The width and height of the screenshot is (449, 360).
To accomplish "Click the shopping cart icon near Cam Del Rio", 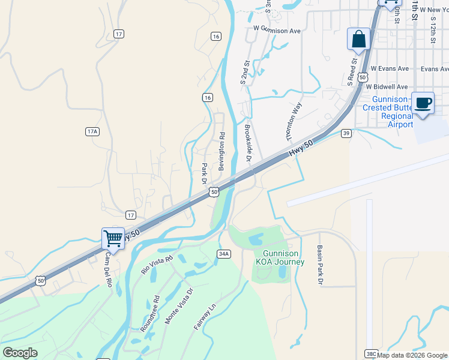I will (x=113, y=239).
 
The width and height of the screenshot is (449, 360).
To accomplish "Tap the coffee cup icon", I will (x=423, y=103).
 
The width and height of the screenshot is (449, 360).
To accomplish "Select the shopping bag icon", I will (x=358, y=40).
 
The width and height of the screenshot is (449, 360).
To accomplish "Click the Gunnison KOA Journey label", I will (x=280, y=258).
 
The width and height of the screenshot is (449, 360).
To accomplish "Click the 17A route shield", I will (x=92, y=131).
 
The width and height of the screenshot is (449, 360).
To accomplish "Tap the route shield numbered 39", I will (x=346, y=133).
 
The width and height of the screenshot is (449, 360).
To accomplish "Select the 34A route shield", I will (x=224, y=254).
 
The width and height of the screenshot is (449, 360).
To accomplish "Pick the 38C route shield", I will (x=370, y=355).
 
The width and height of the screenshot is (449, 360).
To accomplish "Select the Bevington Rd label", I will (x=221, y=151).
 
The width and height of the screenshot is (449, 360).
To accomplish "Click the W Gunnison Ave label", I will (x=277, y=29).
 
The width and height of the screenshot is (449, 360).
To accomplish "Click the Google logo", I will (x=20, y=353).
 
